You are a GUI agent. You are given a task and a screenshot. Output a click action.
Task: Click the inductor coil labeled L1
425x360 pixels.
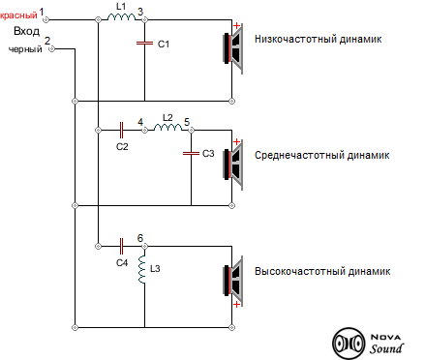pos(121,20)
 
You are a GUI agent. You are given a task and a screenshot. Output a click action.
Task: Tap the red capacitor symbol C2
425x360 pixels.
pos(122,128)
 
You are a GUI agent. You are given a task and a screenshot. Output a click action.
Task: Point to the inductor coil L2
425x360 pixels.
pos(167,128)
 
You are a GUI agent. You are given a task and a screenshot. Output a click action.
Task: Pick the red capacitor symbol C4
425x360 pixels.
pos(122,246)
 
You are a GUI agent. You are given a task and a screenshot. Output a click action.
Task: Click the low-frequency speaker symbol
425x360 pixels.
pos(233,50)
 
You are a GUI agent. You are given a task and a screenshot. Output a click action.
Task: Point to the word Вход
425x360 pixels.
pos(26,32)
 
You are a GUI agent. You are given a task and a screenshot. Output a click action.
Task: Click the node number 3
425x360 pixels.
pos(141,11)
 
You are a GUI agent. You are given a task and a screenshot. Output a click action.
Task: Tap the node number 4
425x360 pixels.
pos(141,120)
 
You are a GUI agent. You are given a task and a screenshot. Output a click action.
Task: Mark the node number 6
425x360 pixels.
pos(140,238)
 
